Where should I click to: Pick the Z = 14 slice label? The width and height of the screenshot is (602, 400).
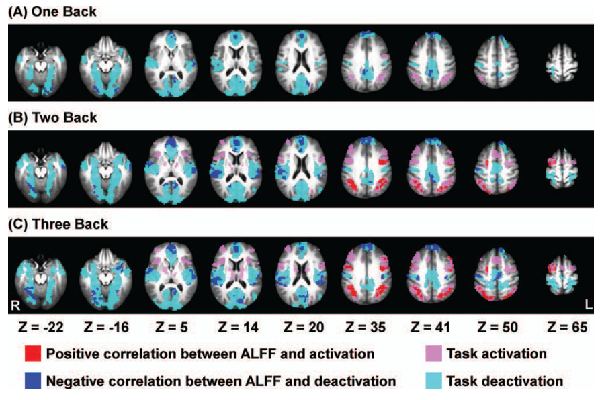[x=236, y=328]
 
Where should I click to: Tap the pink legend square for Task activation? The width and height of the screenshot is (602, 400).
[x=433, y=354]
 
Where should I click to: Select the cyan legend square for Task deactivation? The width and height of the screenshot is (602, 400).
[x=433, y=381]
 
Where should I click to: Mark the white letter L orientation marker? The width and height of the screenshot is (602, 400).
[x=589, y=305]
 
